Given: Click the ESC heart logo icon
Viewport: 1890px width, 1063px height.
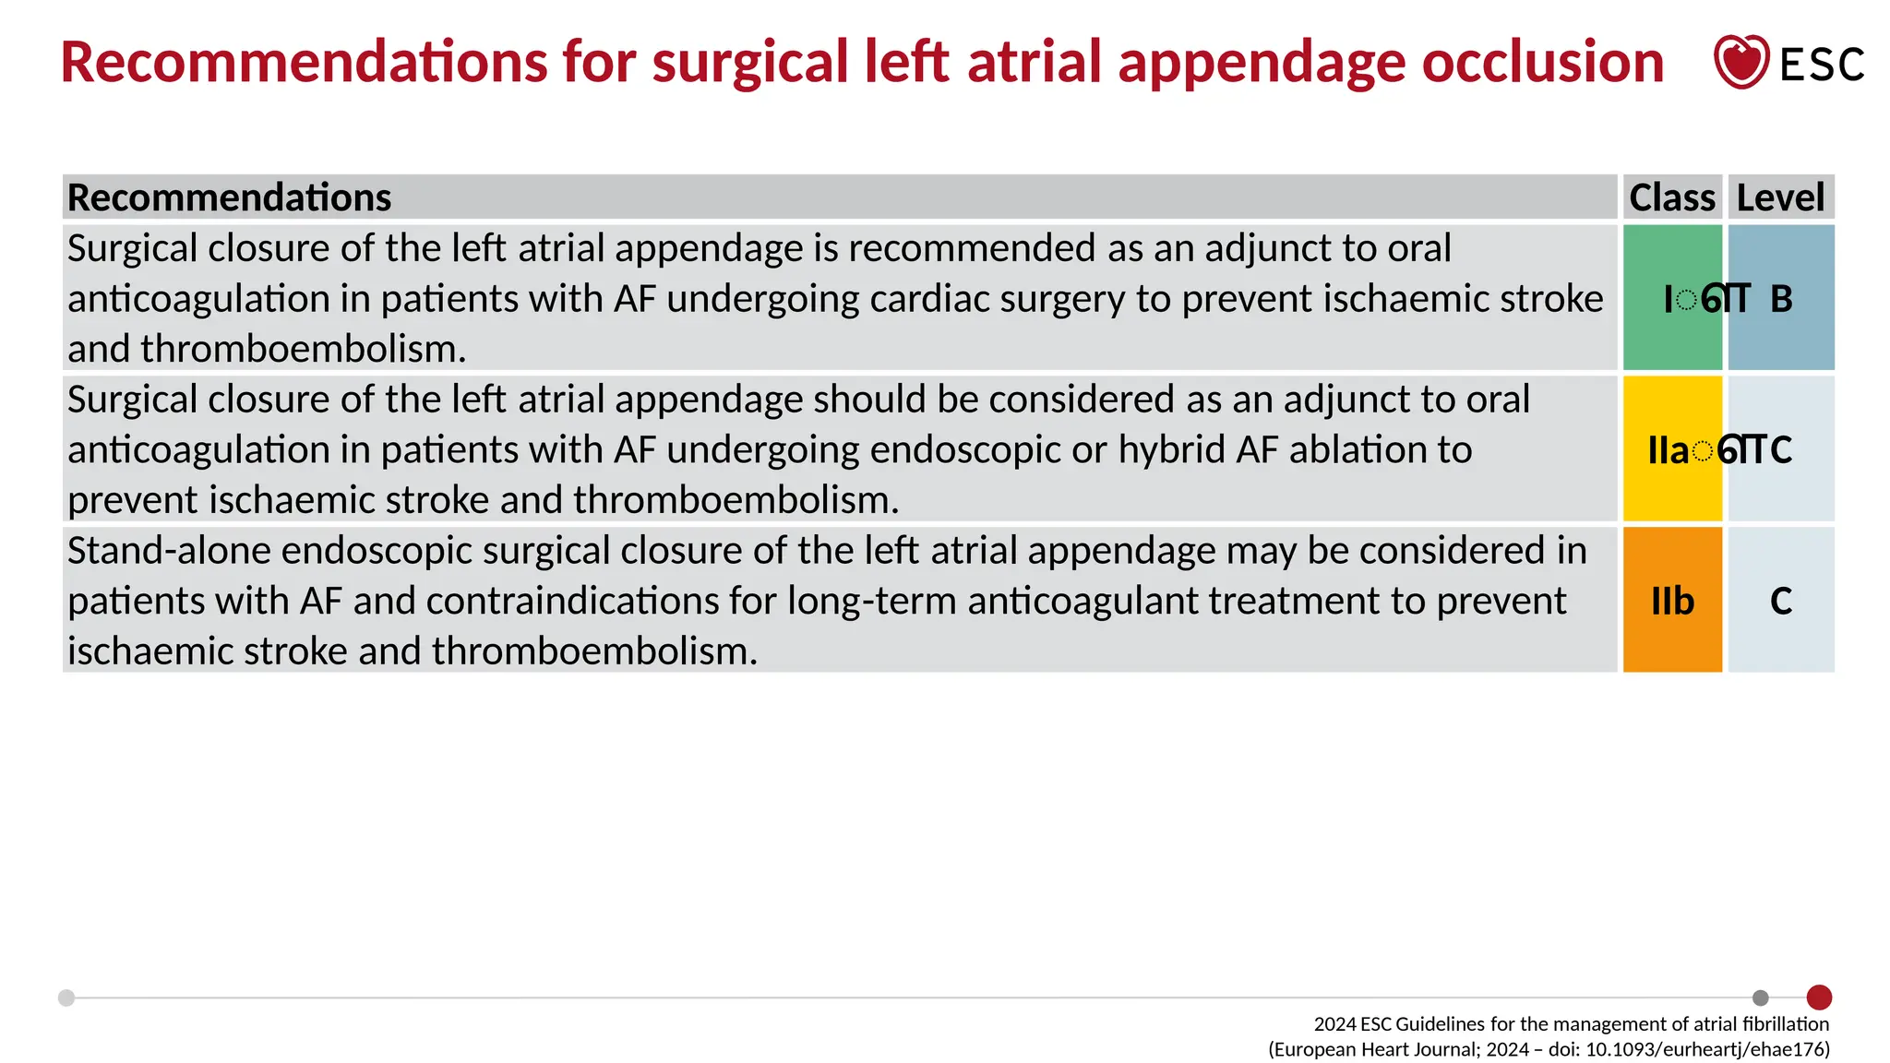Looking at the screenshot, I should point(1740,62).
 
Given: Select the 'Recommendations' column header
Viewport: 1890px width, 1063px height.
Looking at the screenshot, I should point(230,197).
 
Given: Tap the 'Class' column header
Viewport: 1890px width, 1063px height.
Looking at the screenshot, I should point(1671,197).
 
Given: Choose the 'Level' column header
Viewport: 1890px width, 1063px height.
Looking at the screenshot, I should point(1780,197).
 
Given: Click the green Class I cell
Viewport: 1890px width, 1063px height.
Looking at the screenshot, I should point(1671,298).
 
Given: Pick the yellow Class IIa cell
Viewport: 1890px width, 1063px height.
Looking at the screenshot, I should point(1671,449).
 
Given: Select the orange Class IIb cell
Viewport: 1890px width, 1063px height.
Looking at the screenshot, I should point(1672,601).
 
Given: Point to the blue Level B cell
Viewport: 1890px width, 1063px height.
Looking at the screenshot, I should point(1781,298).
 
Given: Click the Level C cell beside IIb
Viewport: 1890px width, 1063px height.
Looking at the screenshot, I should point(1781,601).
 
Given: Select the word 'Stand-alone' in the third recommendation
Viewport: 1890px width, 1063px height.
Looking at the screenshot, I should point(168,551).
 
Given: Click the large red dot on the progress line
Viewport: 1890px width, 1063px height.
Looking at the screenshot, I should point(1819,997).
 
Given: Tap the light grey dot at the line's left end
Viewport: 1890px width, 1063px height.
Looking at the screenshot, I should point(66,997).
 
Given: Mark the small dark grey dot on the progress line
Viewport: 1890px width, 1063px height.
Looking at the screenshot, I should point(1761,997).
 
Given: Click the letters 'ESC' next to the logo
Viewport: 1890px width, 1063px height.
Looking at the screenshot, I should point(1822,65).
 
